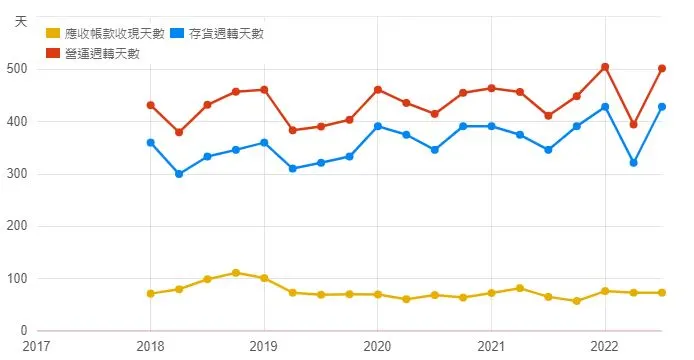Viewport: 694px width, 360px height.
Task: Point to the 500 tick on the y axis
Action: (x=17, y=69)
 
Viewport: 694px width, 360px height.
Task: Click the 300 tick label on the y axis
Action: (x=17, y=174)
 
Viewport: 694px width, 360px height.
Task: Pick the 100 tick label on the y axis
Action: (x=17, y=279)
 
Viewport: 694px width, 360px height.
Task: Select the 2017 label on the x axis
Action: (x=37, y=346)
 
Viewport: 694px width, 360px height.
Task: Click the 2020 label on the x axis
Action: (x=377, y=346)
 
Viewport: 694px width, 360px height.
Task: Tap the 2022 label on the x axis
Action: (x=604, y=346)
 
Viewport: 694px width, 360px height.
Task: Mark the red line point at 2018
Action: (x=150, y=105)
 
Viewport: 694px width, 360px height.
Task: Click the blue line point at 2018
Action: (x=150, y=143)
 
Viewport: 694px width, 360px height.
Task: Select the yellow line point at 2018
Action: (x=150, y=294)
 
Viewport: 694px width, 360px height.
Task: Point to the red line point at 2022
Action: (x=605, y=67)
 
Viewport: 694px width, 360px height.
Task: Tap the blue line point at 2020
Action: (x=377, y=126)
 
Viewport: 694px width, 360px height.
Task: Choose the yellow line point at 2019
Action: (x=264, y=278)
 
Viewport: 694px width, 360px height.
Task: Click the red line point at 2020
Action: (x=377, y=90)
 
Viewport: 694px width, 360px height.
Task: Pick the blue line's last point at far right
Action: (x=662, y=107)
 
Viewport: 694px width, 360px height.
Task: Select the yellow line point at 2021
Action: (x=491, y=293)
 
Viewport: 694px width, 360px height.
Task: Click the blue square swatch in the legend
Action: (x=176, y=34)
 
